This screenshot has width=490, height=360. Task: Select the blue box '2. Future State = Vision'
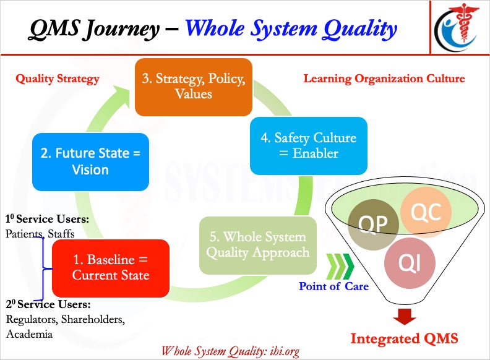click(x=91, y=161)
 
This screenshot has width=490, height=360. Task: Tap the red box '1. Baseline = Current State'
click(x=111, y=267)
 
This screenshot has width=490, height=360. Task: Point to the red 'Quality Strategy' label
click(x=58, y=79)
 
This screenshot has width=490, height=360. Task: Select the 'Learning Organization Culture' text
click(x=384, y=79)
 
